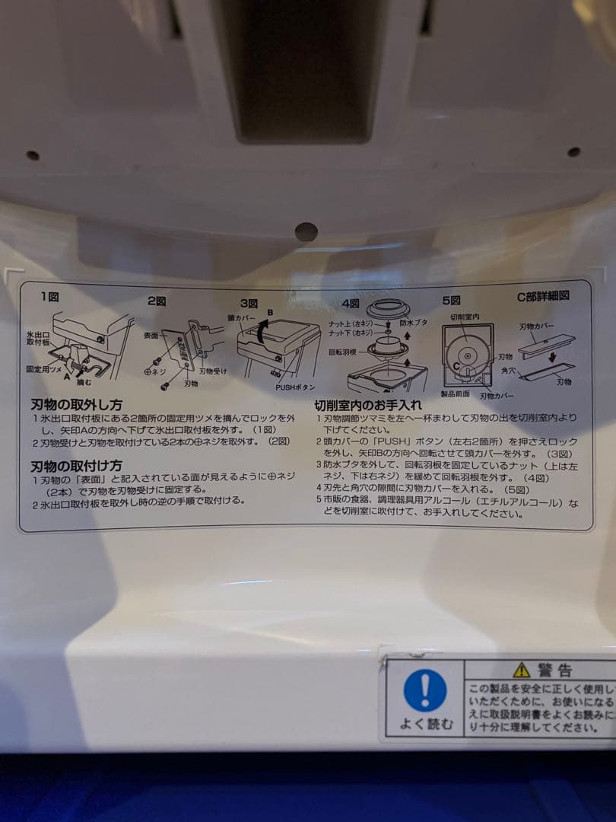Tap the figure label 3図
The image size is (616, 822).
click(x=249, y=302)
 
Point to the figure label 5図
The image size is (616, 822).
click(x=451, y=300)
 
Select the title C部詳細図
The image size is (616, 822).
click(x=543, y=296)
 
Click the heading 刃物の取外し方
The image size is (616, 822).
click(x=76, y=405)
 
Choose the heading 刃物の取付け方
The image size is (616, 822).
click(x=76, y=465)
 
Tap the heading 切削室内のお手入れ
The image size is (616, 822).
click(x=368, y=405)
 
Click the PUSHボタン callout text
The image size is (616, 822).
click(x=295, y=387)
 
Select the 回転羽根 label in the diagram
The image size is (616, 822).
click(x=344, y=353)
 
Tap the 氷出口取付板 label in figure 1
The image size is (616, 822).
click(x=38, y=338)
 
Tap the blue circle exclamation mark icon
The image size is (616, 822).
click(x=425, y=690)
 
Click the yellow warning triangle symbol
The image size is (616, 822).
click(x=521, y=670)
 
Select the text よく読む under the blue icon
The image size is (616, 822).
click(x=426, y=724)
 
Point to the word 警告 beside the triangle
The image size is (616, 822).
click(x=555, y=670)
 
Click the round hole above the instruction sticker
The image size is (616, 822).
click(x=306, y=231)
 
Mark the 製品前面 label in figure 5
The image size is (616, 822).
click(x=455, y=393)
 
